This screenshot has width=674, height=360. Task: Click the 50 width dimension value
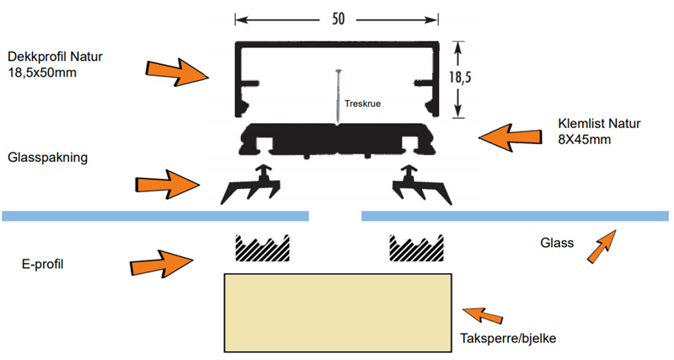[x=337, y=19]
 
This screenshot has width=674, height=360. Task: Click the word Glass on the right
[x=557, y=244]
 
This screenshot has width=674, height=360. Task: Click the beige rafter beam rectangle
[x=336, y=314]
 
